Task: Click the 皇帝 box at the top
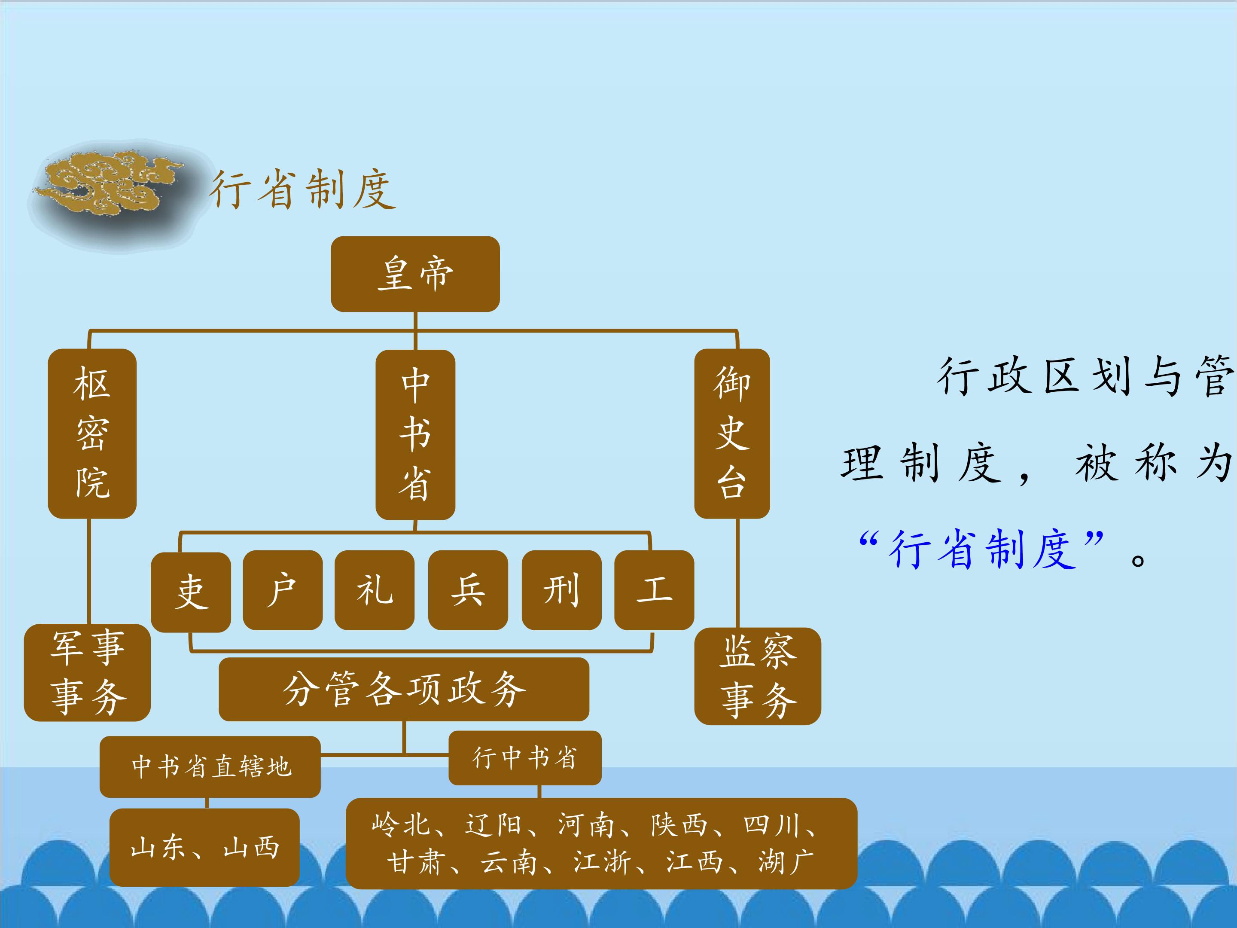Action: [415, 274]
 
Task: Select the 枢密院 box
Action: [92, 433]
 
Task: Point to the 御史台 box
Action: [732, 433]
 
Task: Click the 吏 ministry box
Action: [191, 592]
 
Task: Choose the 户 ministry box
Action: [283, 590]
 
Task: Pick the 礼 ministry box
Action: [374, 590]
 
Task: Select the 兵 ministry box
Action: [468, 590]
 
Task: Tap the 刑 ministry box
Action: [561, 590]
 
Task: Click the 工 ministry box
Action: [654, 590]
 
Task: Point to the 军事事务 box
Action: [87, 672]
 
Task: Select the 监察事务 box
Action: [758, 676]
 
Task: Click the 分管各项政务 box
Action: [404, 689]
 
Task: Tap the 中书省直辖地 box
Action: [210, 766]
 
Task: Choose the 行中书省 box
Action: [525, 758]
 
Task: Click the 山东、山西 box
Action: [205, 847]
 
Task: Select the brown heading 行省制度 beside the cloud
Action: [302, 189]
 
